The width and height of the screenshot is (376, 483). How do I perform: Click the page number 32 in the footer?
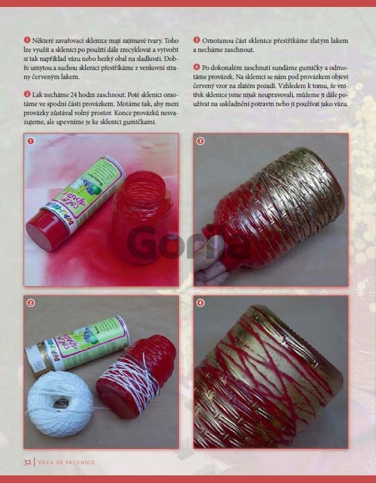pos(27,462)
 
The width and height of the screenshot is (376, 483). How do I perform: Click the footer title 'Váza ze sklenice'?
pos(66,462)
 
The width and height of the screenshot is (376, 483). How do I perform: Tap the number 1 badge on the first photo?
pos(31,141)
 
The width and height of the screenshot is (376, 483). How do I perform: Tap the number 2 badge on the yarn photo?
pos(31,303)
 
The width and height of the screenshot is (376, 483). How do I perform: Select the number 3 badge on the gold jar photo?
pos(200,141)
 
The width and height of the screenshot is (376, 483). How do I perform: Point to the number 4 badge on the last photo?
pos(200,303)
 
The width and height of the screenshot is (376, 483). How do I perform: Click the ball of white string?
pos(60,404)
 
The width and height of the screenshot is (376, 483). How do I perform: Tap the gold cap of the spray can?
pos(35,359)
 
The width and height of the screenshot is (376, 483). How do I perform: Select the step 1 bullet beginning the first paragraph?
pos(27,40)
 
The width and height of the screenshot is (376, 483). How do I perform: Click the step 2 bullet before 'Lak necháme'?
pos(27,94)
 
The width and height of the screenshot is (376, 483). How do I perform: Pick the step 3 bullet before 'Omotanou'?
pos(196,40)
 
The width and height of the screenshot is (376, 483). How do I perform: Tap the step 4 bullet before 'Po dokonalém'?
pos(196,67)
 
